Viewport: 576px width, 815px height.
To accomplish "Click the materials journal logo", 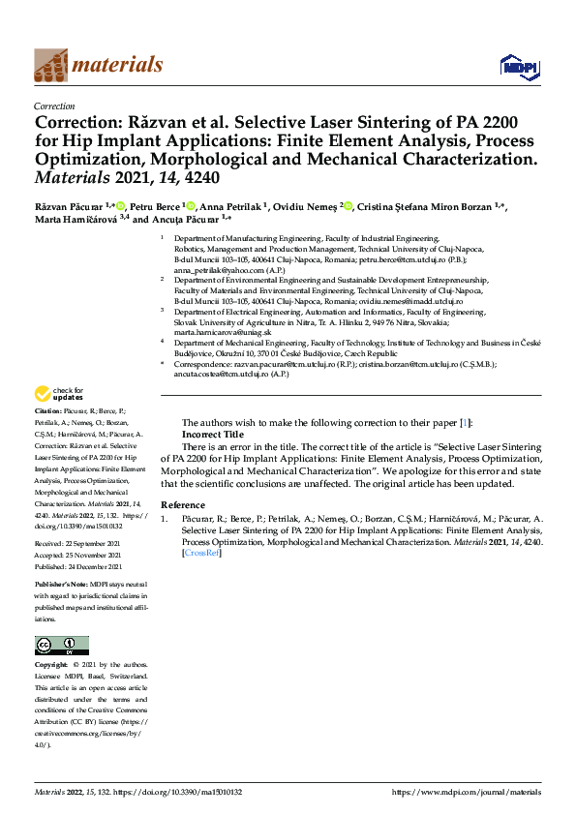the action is [98, 65].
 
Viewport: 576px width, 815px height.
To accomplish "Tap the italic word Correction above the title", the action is [54, 106].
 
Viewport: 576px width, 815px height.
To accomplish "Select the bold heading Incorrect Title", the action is [213, 436].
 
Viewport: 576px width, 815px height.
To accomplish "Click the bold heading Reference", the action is [183, 505].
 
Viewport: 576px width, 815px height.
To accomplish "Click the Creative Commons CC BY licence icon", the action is [62, 645].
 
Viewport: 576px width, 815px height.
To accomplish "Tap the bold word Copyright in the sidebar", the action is [50, 666].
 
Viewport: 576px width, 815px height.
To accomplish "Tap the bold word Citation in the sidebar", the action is [51, 437].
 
